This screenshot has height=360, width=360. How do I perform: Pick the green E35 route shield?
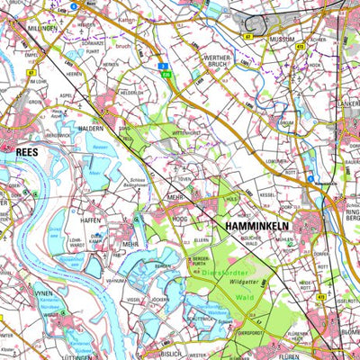pyautogui.click(x=167, y=75)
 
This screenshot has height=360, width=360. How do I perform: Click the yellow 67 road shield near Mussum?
pyautogui.click(x=246, y=37)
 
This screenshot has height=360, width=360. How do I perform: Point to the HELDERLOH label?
pyautogui.click(x=132, y=93)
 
